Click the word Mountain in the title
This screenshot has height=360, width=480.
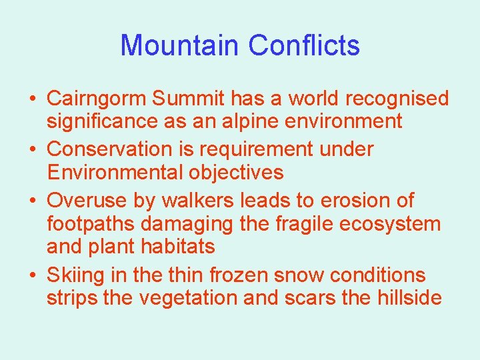click(179, 45)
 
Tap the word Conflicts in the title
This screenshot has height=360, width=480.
click(304, 45)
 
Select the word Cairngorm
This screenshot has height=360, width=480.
click(96, 99)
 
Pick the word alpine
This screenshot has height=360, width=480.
click(265, 121)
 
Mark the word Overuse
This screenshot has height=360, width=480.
click(86, 200)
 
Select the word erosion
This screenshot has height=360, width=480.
click(353, 200)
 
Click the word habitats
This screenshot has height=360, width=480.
click(178, 247)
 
